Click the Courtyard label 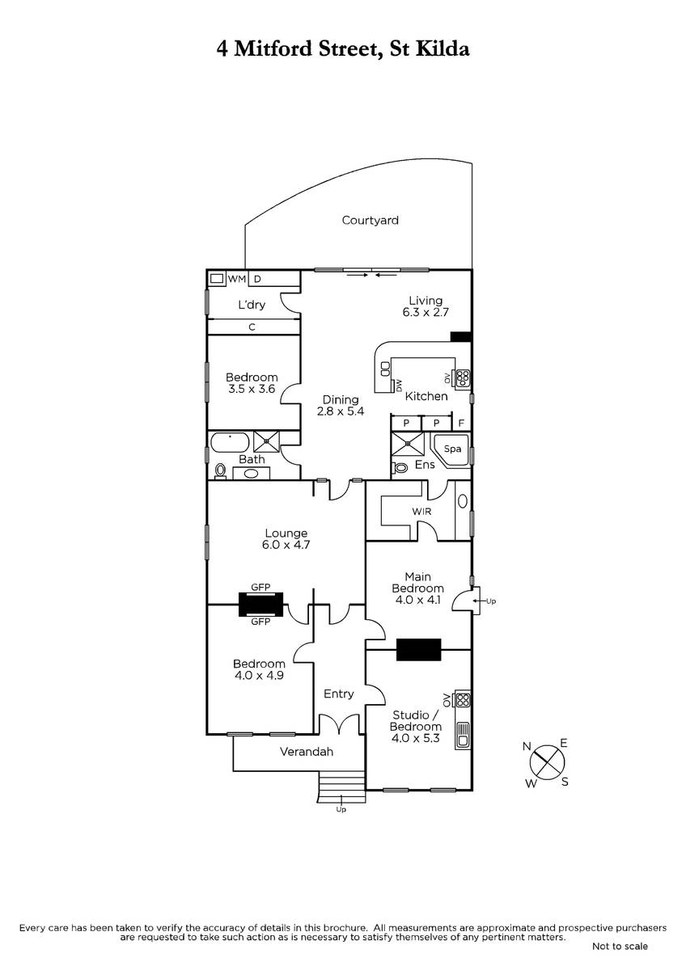pos(370,220)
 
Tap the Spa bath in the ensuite pos(451,449)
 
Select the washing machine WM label pos(235,279)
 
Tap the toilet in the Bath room pos(220,470)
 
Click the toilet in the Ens pos(400,467)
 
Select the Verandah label pos(307,752)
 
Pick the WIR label pos(421,512)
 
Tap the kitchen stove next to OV pos(463,377)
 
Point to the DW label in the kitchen pos(397,385)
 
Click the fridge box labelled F pos(461,423)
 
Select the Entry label pos(338,694)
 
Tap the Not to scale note pos(620,946)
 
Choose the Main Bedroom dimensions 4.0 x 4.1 pos(418,601)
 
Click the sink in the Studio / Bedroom pos(463,734)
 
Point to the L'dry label pos(251,305)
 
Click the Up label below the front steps pos(341,809)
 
